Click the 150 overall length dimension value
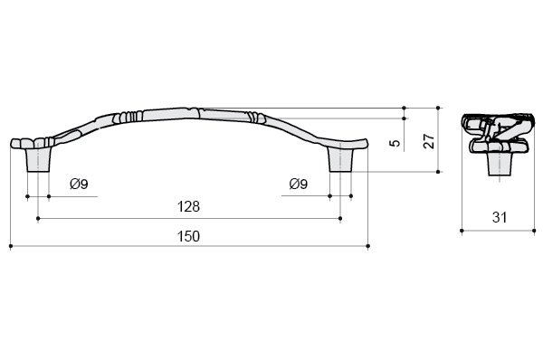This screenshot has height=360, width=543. click(188, 236)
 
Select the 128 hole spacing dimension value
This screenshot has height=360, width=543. click(188, 206)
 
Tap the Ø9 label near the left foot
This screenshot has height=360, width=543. click(79, 184)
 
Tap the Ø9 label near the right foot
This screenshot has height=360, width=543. click(298, 184)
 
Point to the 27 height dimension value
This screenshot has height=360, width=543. click(429, 141)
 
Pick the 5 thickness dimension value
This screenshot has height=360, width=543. click(395, 142)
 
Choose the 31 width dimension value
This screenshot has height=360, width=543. click(500, 217)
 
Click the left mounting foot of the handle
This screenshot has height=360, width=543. click(38, 159)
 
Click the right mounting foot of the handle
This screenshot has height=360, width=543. click(341, 159)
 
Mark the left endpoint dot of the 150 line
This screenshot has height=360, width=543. click(11, 246)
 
